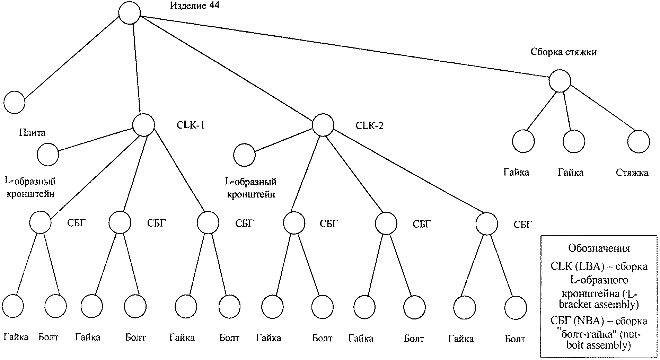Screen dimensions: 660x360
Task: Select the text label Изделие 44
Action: (x=194, y=6)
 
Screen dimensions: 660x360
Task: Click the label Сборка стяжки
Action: (x=563, y=52)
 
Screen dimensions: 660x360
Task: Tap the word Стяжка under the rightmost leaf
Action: (x=632, y=173)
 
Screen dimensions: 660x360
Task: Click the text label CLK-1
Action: (x=191, y=125)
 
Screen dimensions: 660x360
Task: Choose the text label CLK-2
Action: (x=370, y=125)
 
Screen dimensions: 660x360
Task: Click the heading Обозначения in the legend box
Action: (x=599, y=248)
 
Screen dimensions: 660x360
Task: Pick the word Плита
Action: (x=32, y=133)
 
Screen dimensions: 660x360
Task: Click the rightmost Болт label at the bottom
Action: (x=515, y=339)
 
